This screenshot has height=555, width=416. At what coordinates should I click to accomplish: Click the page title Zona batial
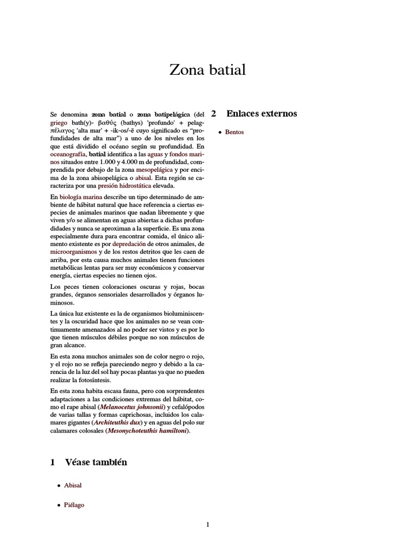208,70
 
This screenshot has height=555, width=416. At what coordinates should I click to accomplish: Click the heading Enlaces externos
262,114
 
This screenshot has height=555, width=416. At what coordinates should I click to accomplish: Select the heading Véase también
96,462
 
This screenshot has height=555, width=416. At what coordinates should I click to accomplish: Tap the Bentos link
235,132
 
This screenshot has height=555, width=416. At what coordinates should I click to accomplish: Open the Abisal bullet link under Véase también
73,486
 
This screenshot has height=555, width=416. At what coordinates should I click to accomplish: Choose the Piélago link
74,505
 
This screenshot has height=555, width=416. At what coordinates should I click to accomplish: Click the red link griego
58,123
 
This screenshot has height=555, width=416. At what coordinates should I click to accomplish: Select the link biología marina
81,197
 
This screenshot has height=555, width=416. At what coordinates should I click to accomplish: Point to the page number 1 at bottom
207,525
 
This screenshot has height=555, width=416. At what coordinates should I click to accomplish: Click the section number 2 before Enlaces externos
213,114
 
